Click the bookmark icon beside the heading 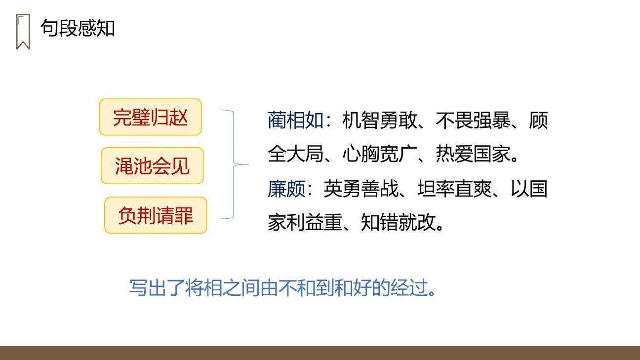(x=23, y=32)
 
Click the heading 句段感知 (x=78, y=28)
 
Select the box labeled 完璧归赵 (x=150, y=117)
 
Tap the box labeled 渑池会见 (x=152, y=166)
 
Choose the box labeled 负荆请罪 (x=155, y=215)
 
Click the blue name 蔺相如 (x=295, y=120)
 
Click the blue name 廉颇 (x=286, y=189)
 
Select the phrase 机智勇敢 (x=379, y=120)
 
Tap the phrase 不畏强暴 (x=473, y=120)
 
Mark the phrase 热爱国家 (x=473, y=154)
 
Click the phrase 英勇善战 (x=360, y=189)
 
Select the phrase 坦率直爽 (x=454, y=189)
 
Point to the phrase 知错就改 (x=398, y=222)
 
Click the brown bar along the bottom (x=320, y=353)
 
